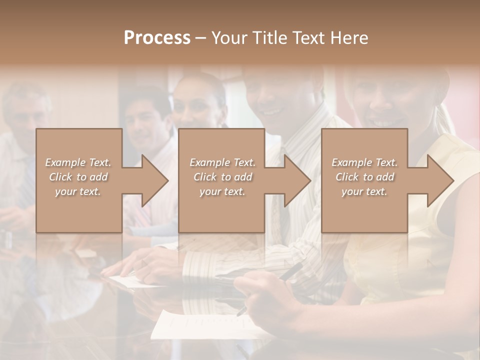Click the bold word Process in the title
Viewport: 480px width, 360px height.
[157, 38]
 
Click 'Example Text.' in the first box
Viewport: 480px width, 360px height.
[78, 162]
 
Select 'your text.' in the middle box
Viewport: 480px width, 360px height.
[222, 191]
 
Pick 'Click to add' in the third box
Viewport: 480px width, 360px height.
[364, 177]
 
